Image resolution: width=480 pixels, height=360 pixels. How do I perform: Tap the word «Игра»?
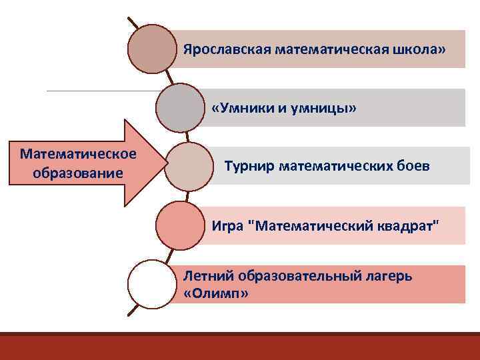coord(227,224)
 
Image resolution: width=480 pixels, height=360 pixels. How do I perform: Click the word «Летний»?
coord(206,275)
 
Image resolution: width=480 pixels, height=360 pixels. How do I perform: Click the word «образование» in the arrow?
coord(77,173)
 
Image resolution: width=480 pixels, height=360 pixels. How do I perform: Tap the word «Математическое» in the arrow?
coord(78,155)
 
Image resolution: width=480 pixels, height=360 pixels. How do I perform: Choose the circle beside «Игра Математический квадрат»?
coord(180,225)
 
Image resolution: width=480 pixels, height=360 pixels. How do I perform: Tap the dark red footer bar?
coord(240,346)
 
